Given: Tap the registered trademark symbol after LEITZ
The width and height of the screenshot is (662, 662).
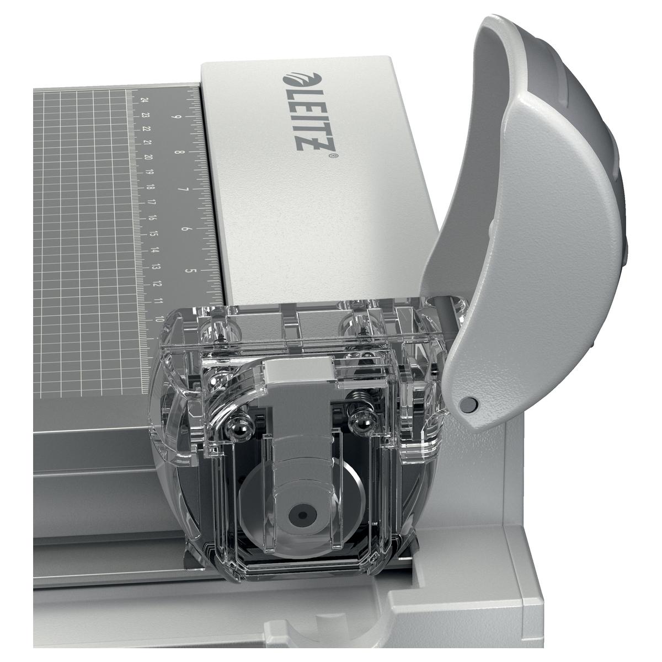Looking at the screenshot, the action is [x=336, y=156].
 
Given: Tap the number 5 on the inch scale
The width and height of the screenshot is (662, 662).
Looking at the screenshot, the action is [x=188, y=271].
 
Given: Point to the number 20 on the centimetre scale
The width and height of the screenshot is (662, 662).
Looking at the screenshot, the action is [x=148, y=157].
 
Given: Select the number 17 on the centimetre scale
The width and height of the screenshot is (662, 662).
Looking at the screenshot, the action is [x=151, y=202].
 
